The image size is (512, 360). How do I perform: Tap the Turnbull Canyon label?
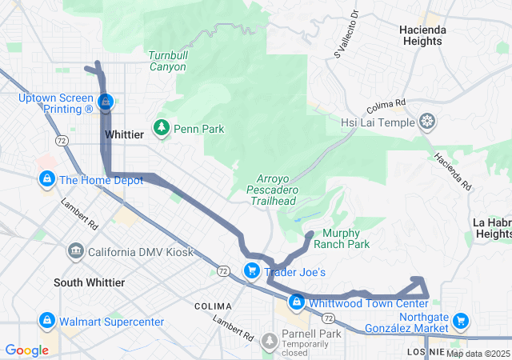click(x=166, y=61)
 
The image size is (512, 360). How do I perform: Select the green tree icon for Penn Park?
click(x=162, y=128)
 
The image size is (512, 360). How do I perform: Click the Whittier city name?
click(x=124, y=136)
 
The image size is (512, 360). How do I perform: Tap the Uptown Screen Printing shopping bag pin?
click(x=106, y=102)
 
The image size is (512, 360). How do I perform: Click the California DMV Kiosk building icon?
click(x=76, y=252)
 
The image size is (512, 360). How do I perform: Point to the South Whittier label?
click(x=89, y=282)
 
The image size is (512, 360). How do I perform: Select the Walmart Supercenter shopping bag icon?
click(x=46, y=322)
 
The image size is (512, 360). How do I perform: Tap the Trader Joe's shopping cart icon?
click(x=251, y=272)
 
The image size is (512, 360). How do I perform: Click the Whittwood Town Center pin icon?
click(x=297, y=302)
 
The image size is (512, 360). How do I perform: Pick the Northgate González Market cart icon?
click(x=460, y=322)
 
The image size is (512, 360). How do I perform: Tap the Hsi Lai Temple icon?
click(x=429, y=122)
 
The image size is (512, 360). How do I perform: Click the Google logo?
click(x=26, y=350)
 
